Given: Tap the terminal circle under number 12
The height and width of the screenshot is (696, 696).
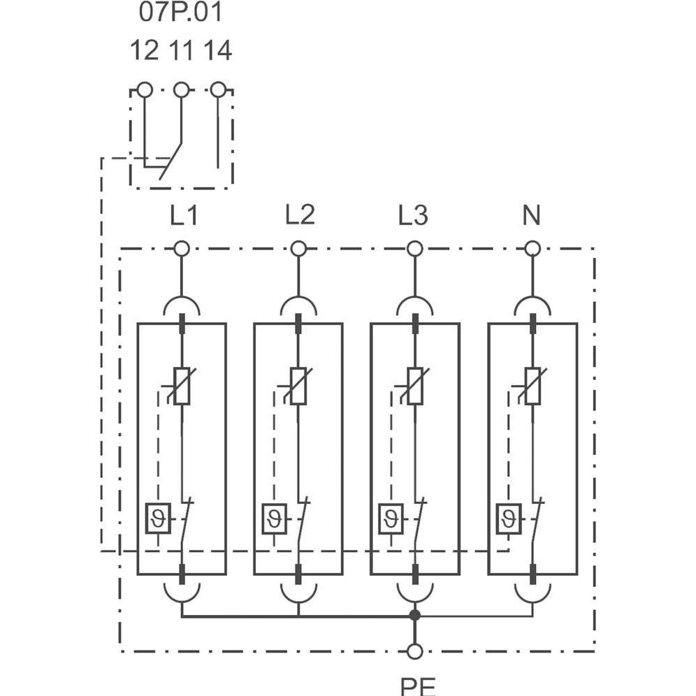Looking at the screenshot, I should coord(145,89).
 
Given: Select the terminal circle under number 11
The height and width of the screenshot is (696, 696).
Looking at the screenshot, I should coord(181,89).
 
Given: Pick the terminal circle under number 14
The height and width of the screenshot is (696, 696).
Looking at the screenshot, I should coord(218,89).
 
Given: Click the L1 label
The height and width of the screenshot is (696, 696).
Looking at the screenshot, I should coord(183,217).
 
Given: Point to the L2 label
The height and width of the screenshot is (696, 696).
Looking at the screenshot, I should coord(299,217).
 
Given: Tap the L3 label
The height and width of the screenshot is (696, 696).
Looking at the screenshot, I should coord(413,217).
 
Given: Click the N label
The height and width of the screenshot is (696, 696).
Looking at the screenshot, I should coord(532,217).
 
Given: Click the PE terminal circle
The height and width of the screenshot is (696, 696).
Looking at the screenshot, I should coord(415,651).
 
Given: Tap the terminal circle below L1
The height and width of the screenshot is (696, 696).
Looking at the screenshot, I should coord(182,248).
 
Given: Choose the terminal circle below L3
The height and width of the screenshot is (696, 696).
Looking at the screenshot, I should coord(414,248).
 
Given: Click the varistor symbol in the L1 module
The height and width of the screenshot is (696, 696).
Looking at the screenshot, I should coord(182,386).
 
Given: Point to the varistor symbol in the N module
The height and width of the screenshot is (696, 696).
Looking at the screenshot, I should coord(532,386).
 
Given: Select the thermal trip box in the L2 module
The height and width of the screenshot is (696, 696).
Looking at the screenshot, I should coord(274,519).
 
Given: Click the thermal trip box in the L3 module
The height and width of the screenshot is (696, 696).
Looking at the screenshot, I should coord(391,519).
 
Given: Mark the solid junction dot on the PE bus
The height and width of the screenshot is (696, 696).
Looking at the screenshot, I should coord(415,616).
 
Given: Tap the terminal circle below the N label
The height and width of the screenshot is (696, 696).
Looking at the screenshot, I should coord(532,248).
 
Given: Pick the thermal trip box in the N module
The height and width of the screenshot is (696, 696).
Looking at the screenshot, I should coord(508,519).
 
